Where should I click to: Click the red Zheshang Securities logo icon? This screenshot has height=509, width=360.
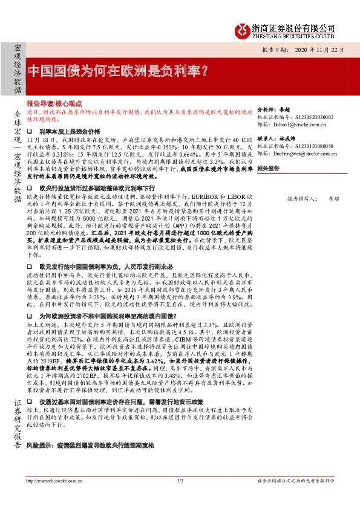click(x=243, y=28)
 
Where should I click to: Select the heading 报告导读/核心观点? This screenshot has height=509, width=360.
click(x=54, y=104)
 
